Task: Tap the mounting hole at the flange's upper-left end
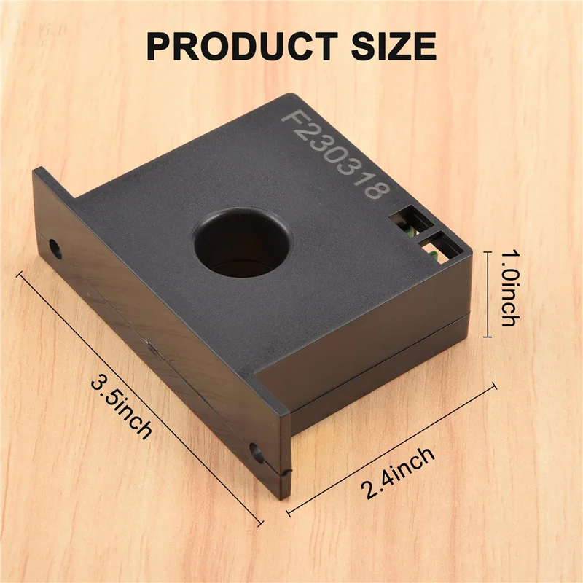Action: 55,248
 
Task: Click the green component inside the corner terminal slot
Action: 433,254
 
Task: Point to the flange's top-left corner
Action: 35,169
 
